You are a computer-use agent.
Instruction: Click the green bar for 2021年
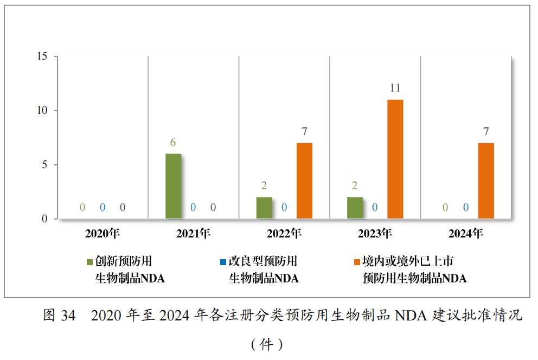[x=173, y=187]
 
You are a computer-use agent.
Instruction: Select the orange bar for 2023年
[x=395, y=159]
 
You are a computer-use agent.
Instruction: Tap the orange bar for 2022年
[x=304, y=181]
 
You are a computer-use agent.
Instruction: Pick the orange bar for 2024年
[x=486, y=181]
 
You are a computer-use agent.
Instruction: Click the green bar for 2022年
[x=264, y=208]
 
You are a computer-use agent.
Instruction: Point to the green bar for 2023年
[x=355, y=208]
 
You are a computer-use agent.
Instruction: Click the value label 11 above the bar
[x=395, y=88]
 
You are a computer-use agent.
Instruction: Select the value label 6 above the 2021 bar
[x=173, y=143]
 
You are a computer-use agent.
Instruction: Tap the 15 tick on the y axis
[x=42, y=56]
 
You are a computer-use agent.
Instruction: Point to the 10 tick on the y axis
[x=42, y=111]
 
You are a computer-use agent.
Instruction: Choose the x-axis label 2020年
[x=102, y=234]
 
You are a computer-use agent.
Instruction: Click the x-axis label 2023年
[x=375, y=234]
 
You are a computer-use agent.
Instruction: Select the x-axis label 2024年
[x=465, y=234]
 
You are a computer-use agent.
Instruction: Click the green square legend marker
[x=90, y=262]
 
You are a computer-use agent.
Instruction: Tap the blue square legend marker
[x=223, y=262]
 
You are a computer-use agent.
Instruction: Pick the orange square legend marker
[x=357, y=262]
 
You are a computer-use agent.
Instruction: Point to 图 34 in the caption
[x=59, y=316]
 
